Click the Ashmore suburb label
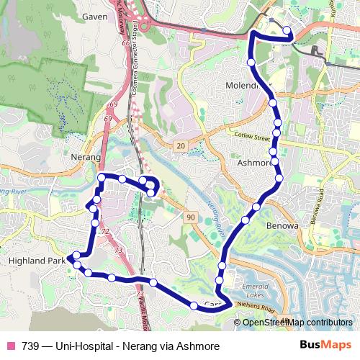coord(253,163)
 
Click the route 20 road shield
coord(179,146)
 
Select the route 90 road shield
coord(190,217)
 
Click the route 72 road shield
coord(105,232)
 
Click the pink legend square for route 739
coord(11,346)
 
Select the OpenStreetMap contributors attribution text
coord(297,322)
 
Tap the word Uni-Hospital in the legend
coord(76,346)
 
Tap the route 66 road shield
coord(126,45)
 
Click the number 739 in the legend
coord(30,346)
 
